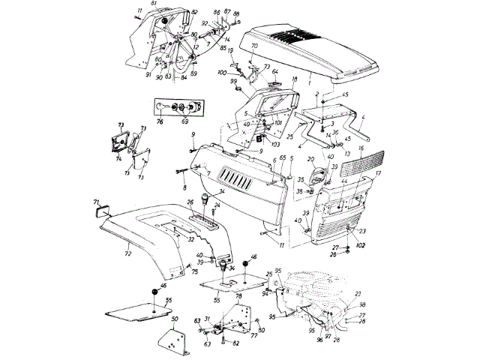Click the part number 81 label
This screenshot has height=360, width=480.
coord(154,4)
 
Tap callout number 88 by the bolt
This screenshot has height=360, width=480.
coord(236,14)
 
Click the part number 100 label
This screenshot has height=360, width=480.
coord(222,72)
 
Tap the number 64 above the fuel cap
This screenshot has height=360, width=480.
coord(274,73)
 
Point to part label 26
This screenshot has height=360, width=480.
coord(190,202)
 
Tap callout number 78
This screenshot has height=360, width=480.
coord(238,298)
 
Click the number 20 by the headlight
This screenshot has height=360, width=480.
coord(310,160)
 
